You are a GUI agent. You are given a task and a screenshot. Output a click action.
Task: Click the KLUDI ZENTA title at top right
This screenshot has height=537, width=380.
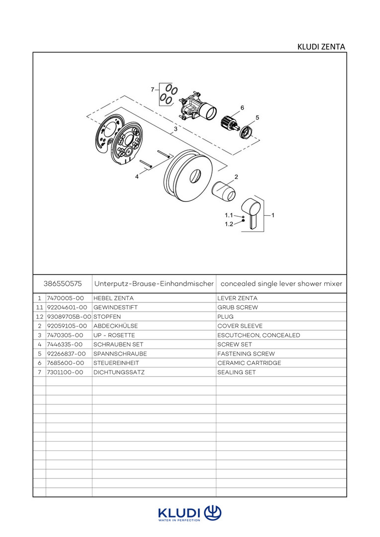[321, 47]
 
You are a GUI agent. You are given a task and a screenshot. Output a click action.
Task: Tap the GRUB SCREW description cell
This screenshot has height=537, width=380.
[238, 308]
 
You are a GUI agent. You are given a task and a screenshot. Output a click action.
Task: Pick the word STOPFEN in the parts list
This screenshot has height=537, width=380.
[107, 317]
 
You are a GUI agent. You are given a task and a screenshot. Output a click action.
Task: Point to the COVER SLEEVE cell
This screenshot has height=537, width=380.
[240, 326]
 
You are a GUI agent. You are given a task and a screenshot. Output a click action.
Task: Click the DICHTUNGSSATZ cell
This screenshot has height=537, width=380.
[119, 372]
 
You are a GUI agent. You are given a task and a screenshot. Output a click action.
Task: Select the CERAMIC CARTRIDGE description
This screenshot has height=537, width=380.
[249, 363]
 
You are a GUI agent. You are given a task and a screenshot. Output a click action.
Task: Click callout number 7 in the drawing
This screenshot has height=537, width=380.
[153, 89]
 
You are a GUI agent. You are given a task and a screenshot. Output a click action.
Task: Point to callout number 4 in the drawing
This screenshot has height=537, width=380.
[137, 176]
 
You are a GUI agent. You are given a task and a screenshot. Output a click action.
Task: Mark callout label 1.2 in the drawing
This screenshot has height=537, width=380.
[229, 224]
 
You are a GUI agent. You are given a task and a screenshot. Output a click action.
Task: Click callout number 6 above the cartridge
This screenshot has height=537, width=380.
[242, 107]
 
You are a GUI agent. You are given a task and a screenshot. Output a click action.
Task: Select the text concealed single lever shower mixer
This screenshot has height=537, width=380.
[281, 284]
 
